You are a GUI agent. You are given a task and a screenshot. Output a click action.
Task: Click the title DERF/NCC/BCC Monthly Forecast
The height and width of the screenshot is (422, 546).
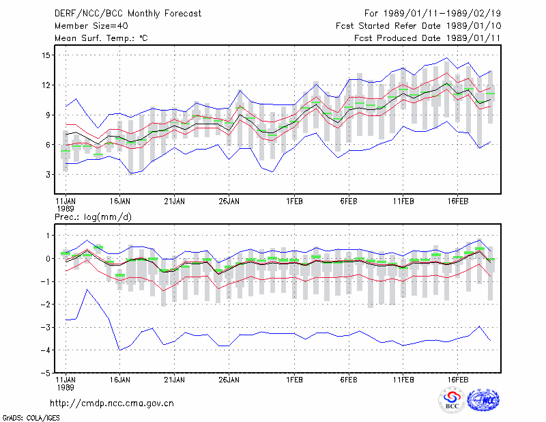click(x=128, y=14)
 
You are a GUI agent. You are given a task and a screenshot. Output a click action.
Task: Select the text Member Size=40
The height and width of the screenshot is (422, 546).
click(x=91, y=26)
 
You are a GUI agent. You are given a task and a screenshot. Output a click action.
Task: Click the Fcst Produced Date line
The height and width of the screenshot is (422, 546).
click(x=427, y=38)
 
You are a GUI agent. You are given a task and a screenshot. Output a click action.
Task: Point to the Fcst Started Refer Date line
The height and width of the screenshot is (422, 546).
click(x=418, y=26)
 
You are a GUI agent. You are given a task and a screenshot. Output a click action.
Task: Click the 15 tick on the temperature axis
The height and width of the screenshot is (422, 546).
click(x=46, y=55)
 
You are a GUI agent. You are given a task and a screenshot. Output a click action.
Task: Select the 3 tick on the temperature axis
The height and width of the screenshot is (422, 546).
click(x=48, y=174)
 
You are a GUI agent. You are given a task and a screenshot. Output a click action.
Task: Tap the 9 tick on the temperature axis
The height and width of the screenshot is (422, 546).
click(x=48, y=115)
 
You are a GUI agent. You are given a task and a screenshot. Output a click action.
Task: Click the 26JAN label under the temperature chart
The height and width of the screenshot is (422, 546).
click(x=229, y=201)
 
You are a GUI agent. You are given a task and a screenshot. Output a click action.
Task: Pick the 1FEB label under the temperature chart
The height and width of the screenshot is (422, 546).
click(x=294, y=201)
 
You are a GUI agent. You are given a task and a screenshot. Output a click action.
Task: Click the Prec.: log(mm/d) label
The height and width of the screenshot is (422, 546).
click(x=93, y=217)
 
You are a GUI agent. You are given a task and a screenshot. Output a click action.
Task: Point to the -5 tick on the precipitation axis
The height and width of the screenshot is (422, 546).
click(x=46, y=373)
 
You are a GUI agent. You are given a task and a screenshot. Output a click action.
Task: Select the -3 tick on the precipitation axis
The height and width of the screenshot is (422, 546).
click(x=46, y=327)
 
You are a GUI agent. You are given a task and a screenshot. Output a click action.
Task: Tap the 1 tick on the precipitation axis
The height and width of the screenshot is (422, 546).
click(x=48, y=236)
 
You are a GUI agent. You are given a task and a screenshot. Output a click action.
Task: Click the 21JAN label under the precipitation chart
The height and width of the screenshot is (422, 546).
click(x=175, y=380)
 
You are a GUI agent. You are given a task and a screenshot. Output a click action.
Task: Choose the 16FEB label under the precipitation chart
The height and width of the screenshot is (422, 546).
click(x=457, y=380)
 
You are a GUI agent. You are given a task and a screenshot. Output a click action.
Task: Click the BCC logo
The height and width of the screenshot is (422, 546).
click(x=452, y=400)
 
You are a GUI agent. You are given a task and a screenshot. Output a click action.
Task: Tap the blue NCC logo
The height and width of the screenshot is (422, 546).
click(x=483, y=400)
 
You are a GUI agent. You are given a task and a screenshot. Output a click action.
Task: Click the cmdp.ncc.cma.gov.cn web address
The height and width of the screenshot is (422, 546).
click(x=112, y=404)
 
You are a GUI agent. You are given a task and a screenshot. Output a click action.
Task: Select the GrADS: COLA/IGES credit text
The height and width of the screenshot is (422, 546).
click(x=31, y=418)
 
